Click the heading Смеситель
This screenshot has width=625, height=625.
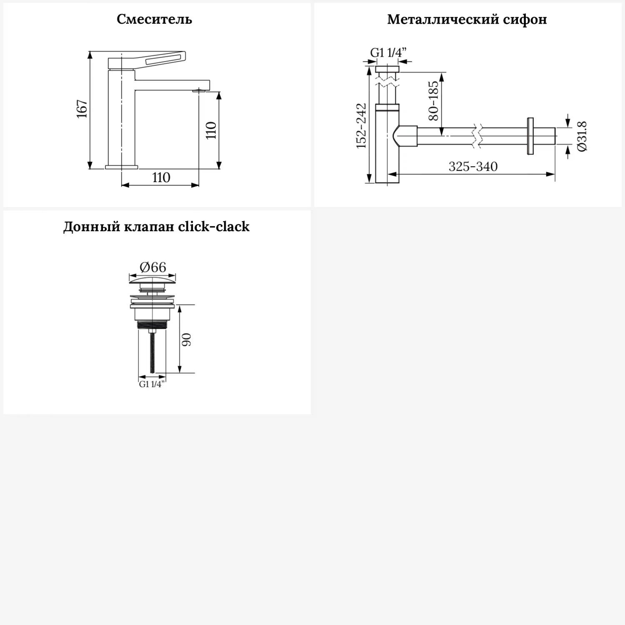click(154, 19)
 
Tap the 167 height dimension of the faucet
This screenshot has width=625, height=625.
click(82, 109)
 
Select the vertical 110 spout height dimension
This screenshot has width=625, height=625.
click(211, 130)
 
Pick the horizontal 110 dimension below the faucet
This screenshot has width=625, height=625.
click(161, 177)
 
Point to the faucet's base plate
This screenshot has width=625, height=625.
click(121, 167)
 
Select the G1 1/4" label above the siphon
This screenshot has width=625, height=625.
click(388, 53)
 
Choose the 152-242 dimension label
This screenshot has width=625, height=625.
click(361, 126)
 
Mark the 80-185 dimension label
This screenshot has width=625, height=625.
click(433, 101)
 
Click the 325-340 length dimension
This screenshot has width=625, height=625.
click(473, 167)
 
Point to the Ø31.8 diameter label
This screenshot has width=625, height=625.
click(582, 136)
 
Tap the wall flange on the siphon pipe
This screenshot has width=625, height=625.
click(530, 136)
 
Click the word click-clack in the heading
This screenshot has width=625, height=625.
click(213, 227)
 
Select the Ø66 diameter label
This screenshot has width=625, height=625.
click(152, 267)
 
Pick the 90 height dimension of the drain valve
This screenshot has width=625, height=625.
click(186, 339)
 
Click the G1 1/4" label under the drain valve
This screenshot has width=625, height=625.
click(152, 384)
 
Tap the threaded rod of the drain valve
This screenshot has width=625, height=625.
click(153, 352)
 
